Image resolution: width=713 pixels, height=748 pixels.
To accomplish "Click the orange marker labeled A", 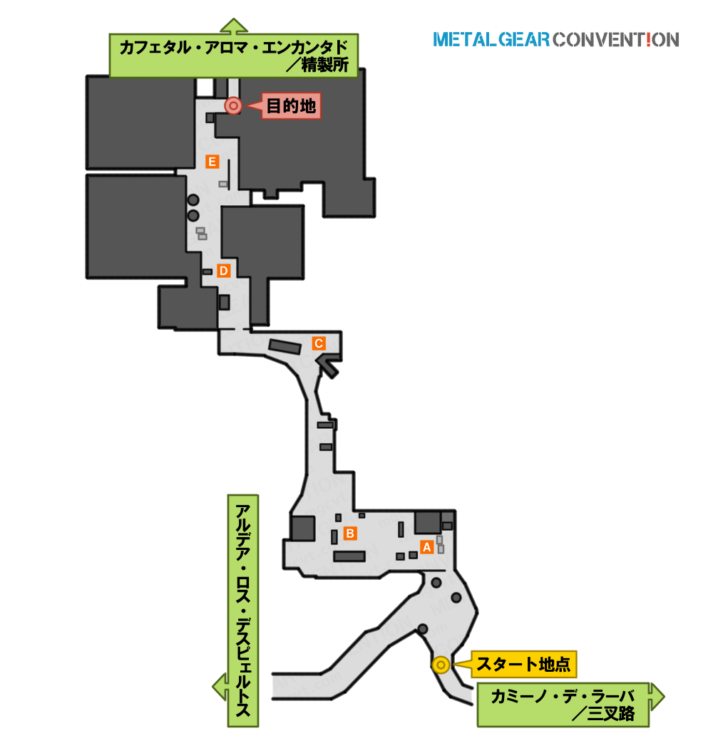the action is (427, 547).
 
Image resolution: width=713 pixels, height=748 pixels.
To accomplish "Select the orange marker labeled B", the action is (350, 534).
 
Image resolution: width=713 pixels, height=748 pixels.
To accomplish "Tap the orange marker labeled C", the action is (319, 343).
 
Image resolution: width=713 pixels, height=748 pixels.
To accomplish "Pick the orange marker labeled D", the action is (223, 271).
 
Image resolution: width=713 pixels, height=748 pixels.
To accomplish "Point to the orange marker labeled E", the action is (212, 162).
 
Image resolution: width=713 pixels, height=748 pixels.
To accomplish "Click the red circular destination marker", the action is (233, 105).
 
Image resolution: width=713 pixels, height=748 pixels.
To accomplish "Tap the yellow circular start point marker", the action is (441, 665).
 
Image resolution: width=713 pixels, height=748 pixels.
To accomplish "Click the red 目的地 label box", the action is (291, 106).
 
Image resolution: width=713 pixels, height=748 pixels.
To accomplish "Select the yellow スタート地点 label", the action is (523, 664).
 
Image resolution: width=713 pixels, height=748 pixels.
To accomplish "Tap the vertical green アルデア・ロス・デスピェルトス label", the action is (243, 611).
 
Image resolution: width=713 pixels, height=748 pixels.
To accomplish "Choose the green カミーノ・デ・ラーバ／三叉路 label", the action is (563, 705).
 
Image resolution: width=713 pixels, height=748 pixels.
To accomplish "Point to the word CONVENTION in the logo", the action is (616, 40).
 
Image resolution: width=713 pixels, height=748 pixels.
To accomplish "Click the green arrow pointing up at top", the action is (234, 26).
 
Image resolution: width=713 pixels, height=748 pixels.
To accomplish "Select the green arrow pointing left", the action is (220, 687).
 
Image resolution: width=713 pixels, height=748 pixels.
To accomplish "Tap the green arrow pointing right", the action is (657, 697).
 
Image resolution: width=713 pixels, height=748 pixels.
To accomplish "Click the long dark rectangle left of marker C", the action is (285, 346).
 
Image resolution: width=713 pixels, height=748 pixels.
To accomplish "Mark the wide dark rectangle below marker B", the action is (349, 556).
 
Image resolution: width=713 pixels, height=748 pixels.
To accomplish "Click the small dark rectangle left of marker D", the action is (207, 272).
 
